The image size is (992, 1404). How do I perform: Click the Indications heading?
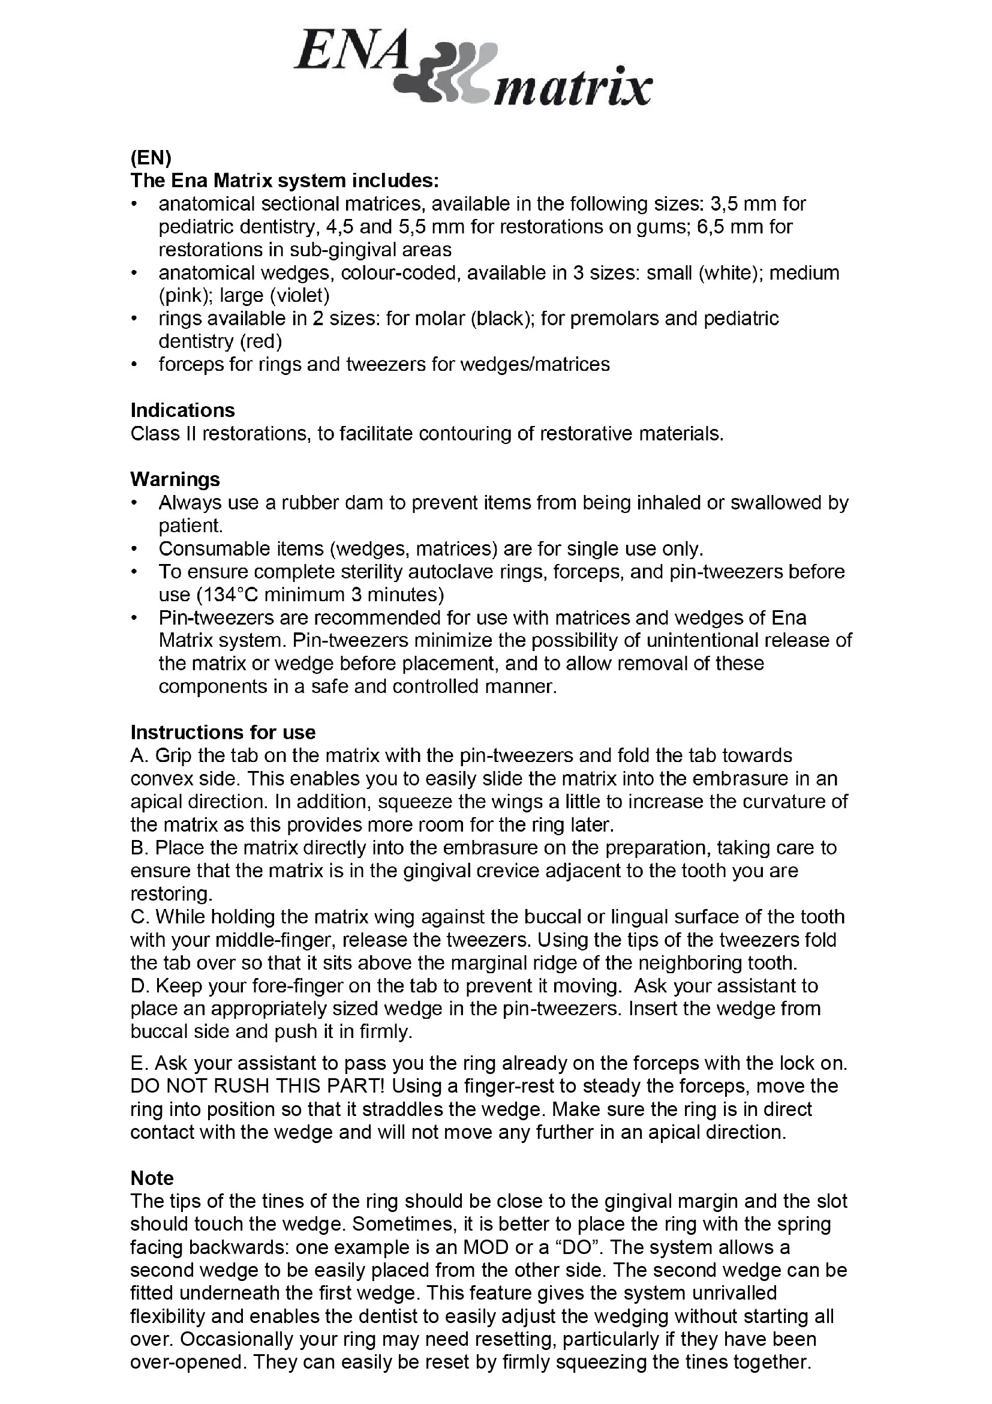coord(183,410)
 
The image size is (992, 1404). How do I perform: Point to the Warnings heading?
coord(175,479)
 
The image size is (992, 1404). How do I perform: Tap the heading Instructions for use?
coord(223,732)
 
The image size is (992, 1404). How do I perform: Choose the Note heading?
coord(152,1178)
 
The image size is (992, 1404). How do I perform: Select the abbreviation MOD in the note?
coord(549,1247)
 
